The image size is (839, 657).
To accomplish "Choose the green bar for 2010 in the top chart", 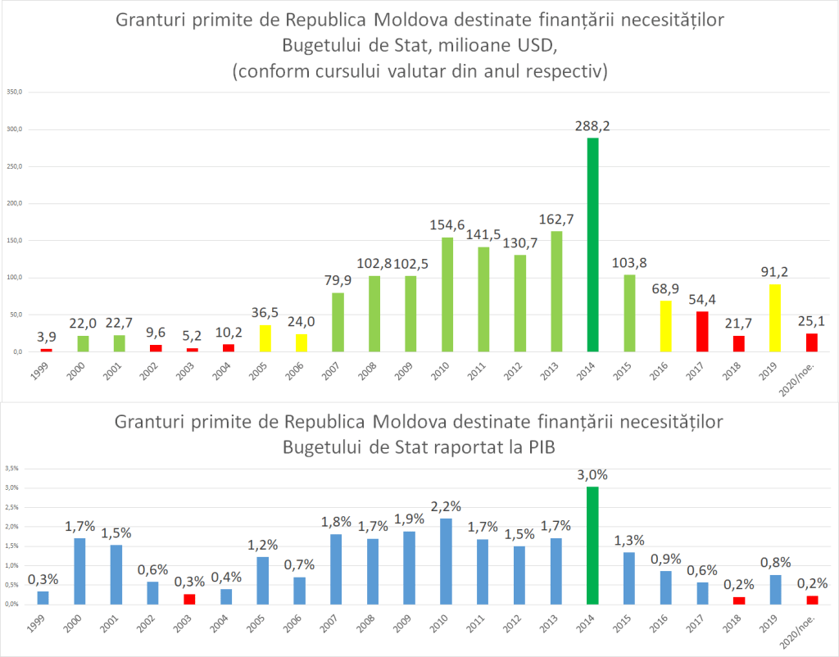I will point(447,295).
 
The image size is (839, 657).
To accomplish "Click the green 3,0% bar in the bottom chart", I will point(592,546).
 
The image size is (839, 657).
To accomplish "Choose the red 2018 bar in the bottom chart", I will point(738,600).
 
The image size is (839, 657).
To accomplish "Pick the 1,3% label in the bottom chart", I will point(628,539).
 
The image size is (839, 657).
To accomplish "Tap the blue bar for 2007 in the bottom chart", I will point(337,569).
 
